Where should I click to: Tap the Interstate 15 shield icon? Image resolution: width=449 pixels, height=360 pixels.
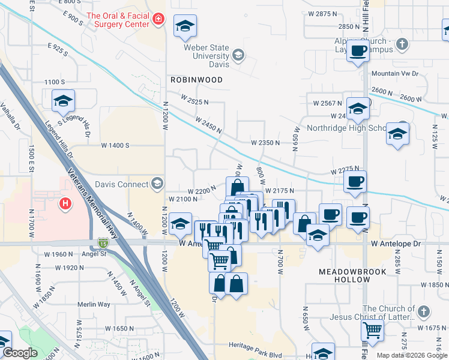[x=103, y=243]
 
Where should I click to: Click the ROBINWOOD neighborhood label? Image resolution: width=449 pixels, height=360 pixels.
[x=196, y=80]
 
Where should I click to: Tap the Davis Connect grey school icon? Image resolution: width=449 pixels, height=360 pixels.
[x=157, y=182]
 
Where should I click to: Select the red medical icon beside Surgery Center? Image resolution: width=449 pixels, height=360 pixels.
[x=158, y=20]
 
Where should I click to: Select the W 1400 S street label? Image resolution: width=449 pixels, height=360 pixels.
[x=115, y=145]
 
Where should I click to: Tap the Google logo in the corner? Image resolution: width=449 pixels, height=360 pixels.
[x=19, y=353]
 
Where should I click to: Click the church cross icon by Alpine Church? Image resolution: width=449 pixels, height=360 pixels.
[x=402, y=43]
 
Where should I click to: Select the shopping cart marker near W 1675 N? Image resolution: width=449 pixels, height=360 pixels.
[x=373, y=329]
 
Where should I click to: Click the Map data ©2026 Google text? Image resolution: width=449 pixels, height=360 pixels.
[x=411, y=355]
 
